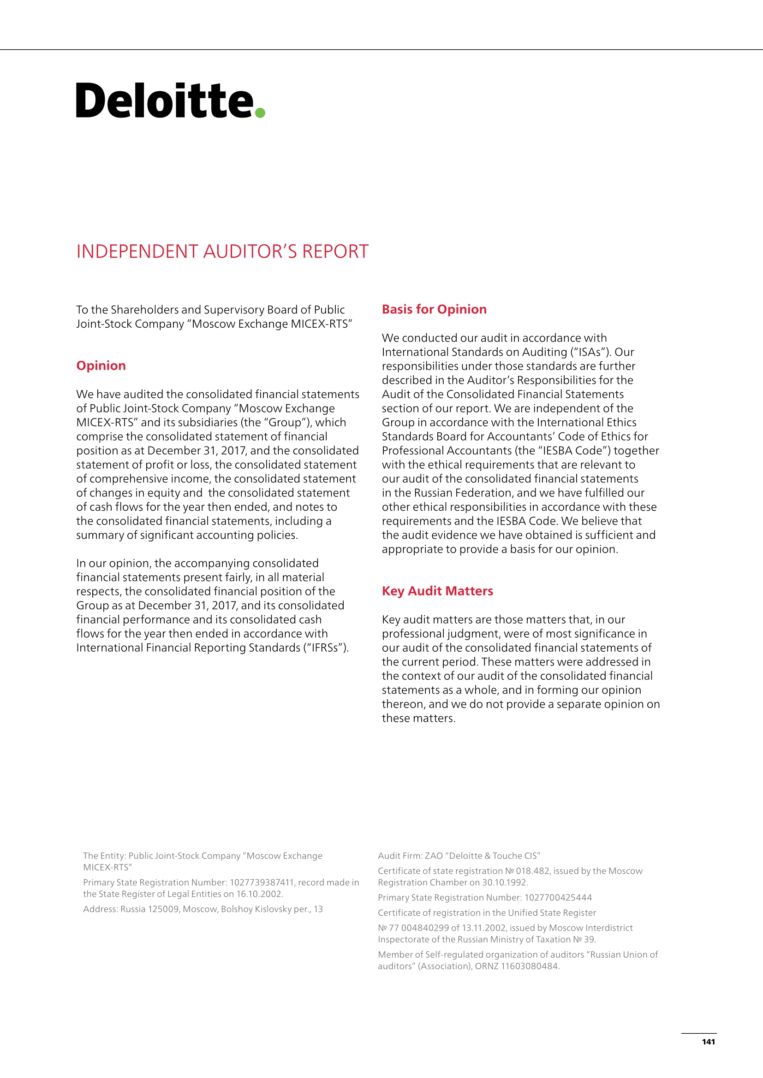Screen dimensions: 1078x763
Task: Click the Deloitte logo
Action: click(x=164, y=100)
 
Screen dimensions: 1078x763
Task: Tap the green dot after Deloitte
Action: click(x=260, y=112)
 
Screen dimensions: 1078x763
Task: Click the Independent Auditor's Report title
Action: click(x=222, y=252)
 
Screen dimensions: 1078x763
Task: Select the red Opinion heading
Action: click(x=101, y=366)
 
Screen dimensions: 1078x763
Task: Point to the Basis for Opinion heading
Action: click(x=434, y=309)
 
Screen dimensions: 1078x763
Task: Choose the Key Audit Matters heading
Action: click(x=437, y=591)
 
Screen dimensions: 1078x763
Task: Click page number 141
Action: click(x=708, y=1042)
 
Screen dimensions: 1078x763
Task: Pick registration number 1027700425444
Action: click(x=558, y=897)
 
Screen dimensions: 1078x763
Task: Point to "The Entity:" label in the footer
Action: click(x=104, y=856)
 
